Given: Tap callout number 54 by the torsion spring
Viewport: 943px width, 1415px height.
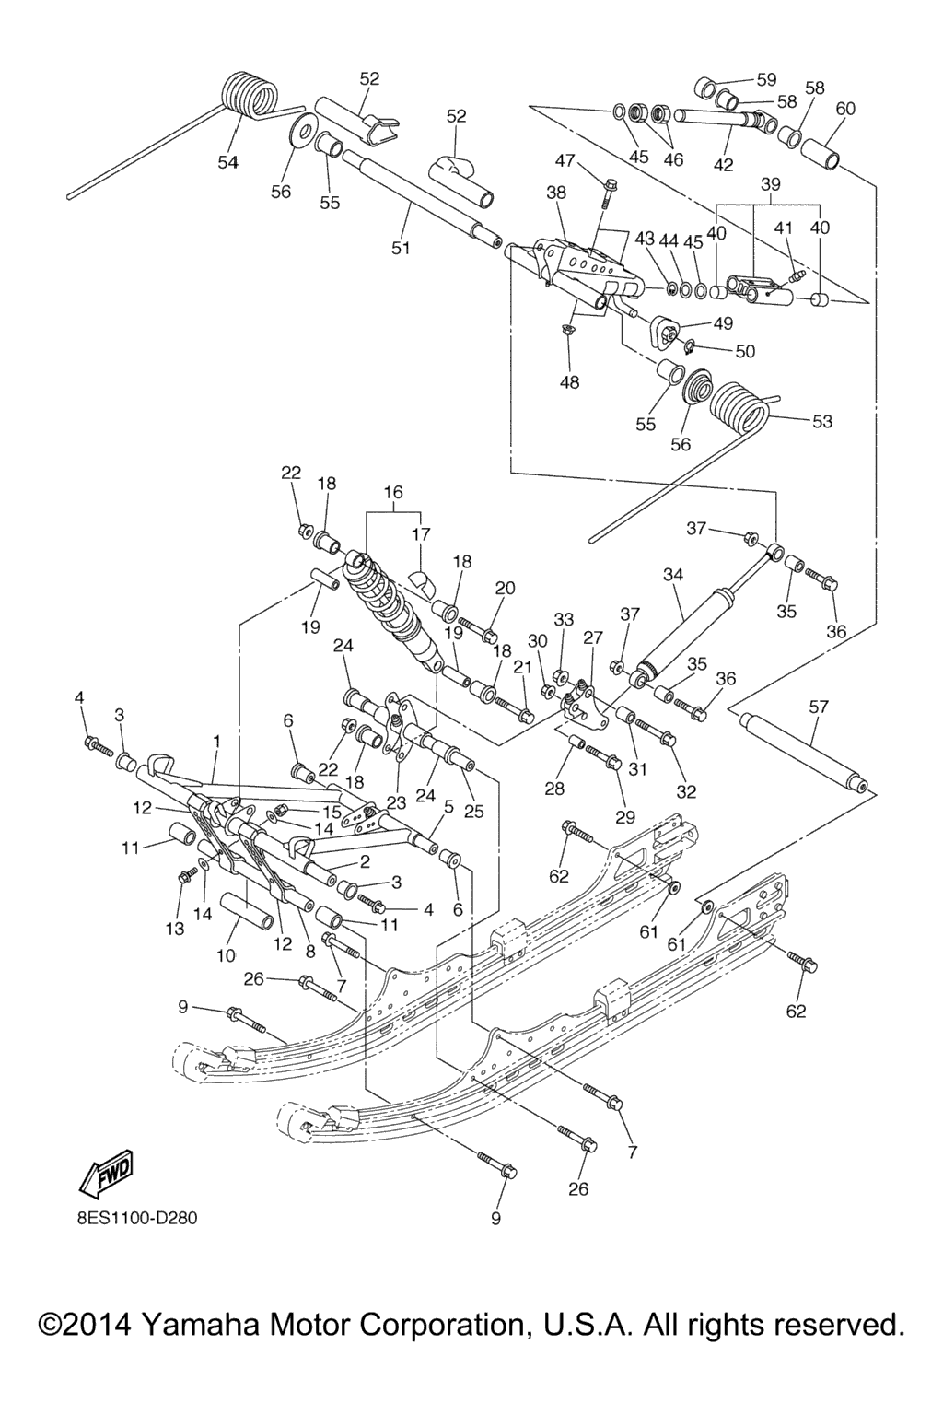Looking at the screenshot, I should [228, 163].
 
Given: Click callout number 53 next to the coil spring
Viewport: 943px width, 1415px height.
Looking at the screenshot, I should [821, 421].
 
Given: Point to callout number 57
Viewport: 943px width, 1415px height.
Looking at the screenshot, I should [818, 707].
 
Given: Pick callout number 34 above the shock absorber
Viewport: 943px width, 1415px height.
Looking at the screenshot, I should [673, 575].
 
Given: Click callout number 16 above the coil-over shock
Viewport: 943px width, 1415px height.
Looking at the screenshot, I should [393, 493].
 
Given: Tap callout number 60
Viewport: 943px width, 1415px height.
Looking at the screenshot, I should [844, 109].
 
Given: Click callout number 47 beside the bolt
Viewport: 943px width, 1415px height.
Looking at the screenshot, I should [565, 161].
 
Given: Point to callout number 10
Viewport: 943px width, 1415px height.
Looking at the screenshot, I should [226, 955].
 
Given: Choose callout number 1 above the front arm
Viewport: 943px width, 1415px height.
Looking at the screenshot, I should [217, 741].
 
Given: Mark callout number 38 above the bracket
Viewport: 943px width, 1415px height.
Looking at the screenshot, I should [556, 193].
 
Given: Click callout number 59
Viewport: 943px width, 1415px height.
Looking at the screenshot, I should [766, 79].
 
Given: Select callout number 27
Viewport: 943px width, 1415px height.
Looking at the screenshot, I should [593, 637].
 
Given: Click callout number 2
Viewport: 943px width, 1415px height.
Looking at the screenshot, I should [365, 862].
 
